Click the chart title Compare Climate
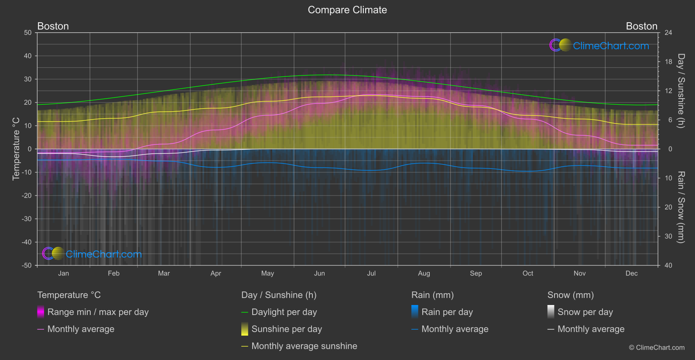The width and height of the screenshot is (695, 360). [x=347, y=10]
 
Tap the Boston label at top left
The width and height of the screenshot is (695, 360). [x=53, y=26]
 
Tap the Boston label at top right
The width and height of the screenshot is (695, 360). [x=641, y=26]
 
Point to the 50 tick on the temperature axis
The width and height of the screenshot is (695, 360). [x=28, y=33]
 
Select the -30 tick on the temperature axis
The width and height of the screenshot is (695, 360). [x=27, y=219]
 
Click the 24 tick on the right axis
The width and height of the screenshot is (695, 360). [x=668, y=33]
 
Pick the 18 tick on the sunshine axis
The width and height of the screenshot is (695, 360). [x=668, y=62]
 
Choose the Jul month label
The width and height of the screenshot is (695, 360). [x=371, y=274]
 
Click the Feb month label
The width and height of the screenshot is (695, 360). [x=113, y=274]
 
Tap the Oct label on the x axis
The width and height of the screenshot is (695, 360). [x=528, y=274]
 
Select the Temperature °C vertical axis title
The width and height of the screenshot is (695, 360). [x=16, y=149]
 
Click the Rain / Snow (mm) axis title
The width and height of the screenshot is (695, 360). [x=681, y=207]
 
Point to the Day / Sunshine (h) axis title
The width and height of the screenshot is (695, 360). [x=681, y=91]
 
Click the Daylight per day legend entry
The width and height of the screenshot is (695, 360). [x=284, y=312]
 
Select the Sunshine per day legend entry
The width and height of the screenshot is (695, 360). [x=287, y=329]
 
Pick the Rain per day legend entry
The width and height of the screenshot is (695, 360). [x=447, y=312]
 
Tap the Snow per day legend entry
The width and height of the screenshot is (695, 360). [x=585, y=312]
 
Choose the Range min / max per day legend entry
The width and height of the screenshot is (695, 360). [x=98, y=312]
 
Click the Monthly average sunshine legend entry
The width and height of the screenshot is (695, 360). [x=304, y=346]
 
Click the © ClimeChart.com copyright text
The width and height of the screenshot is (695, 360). [x=657, y=348]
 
